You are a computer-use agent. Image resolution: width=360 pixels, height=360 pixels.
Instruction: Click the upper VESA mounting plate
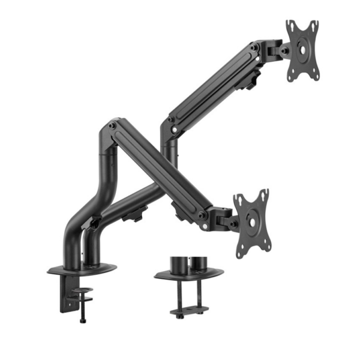pyautogui.click(x=302, y=50)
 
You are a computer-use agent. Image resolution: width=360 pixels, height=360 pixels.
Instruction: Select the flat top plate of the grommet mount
pyautogui.click(x=188, y=274)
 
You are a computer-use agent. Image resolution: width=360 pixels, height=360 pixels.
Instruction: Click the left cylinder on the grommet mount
pyautogui.click(x=177, y=265)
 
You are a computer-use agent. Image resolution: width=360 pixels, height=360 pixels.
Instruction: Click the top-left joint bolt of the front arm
pyautogui.click(x=112, y=126)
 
